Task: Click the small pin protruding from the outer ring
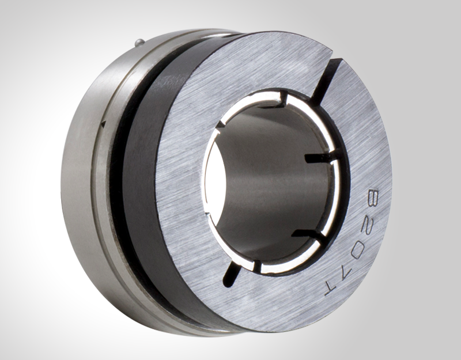[x=138, y=41]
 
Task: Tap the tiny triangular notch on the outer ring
[x=103, y=123]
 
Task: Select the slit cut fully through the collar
[x=326, y=75]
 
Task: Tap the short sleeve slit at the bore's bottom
[x=257, y=266]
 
